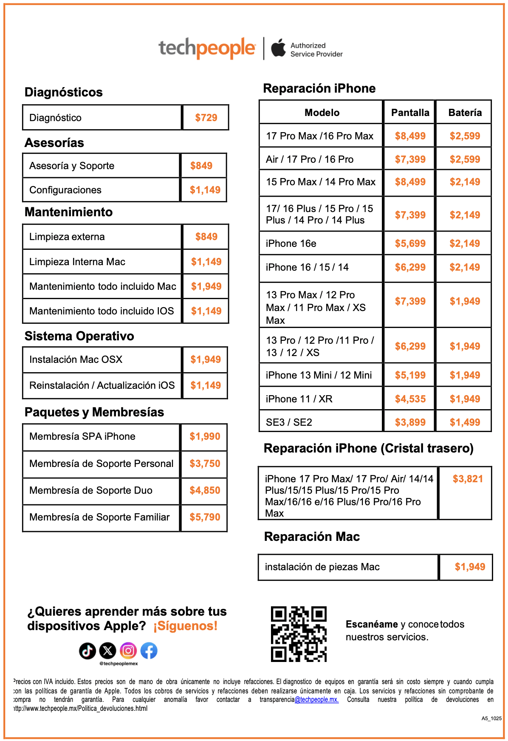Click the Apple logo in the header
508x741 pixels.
(279, 48)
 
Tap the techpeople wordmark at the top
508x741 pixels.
(207, 48)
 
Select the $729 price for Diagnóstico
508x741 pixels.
(206, 118)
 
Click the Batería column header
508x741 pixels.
(465, 113)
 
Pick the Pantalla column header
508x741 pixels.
(410, 113)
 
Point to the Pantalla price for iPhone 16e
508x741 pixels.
(410, 243)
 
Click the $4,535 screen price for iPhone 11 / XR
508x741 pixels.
(410, 399)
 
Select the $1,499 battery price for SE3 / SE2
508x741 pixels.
(465, 422)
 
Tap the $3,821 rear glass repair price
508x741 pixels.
(468, 479)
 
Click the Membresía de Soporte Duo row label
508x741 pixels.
(91, 490)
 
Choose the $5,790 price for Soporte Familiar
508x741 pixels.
(205, 517)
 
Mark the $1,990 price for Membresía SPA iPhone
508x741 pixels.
(205, 436)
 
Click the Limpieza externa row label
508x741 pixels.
(67, 237)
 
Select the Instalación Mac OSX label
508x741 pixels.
(76, 359)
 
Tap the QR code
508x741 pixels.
(299, 634)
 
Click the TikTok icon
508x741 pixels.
(87, 650)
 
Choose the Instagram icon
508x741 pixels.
(128, 650)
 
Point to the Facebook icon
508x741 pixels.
(149, 650)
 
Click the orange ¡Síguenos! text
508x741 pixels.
(185, 626)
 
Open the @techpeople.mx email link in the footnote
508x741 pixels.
(316, 699)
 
